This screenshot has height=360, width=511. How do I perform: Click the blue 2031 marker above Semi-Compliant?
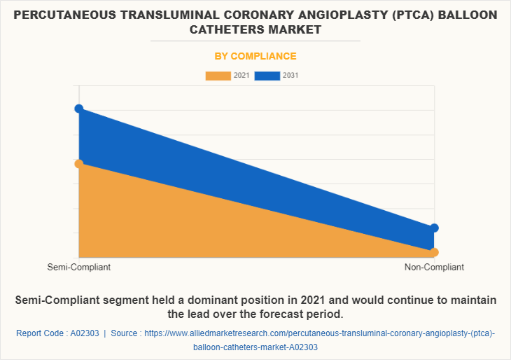pyautogui.click(x=79, y=109)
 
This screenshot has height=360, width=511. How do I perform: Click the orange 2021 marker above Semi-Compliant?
pyautogui.click(x=79, y=164)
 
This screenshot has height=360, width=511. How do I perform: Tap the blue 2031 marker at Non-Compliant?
pyautogui.click(x=434, y=228)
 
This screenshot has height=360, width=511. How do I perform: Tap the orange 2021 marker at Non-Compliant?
pyautogui.click(x=434, y=252)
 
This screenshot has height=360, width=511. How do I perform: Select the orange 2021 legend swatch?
pyautogui.click(x=218, y=76)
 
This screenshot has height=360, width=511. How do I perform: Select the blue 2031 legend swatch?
pyautogui.click(x=267, y=76)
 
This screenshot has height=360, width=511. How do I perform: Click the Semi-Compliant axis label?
pyautogui.click(x=79, y=268)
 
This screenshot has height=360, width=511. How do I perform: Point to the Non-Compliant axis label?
pyautogui.click(x=434, y=268)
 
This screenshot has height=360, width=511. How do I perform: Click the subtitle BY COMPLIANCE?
pyautogui.click(x=255, y=56)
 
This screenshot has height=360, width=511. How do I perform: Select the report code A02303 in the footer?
pyautogui.click(x=85, y=333)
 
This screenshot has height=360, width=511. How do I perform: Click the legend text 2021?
pyautogui.click(x=242, y=76)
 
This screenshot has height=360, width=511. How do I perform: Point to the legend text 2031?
pyautogui.click(x=291, y=76)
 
